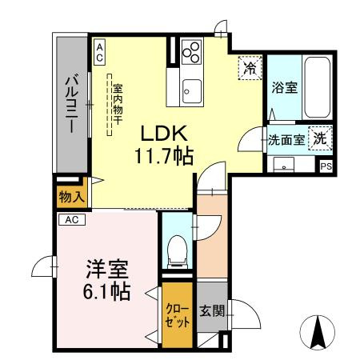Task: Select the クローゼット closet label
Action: coord(178,315)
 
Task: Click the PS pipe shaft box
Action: coord(326,166)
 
